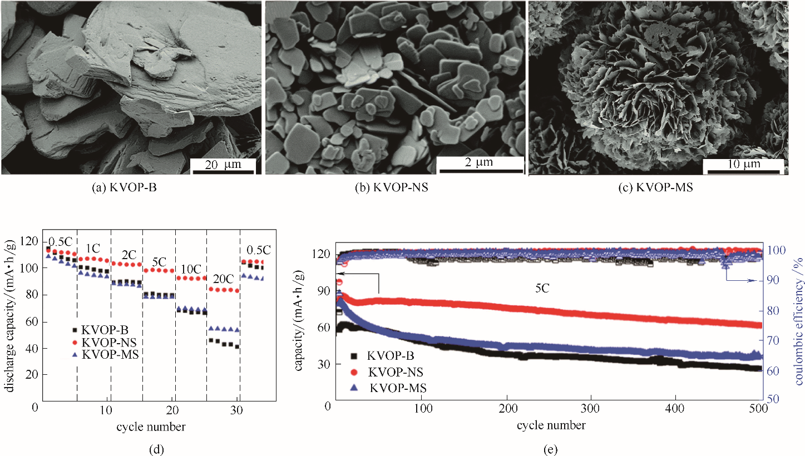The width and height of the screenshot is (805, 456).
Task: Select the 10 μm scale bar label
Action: pyautogui.click(x=743, y=165)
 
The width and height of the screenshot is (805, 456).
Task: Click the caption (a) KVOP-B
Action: pyautogui.click(x=125, y=188)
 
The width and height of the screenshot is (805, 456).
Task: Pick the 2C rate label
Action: pyautogui.click(x=129, y=254)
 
